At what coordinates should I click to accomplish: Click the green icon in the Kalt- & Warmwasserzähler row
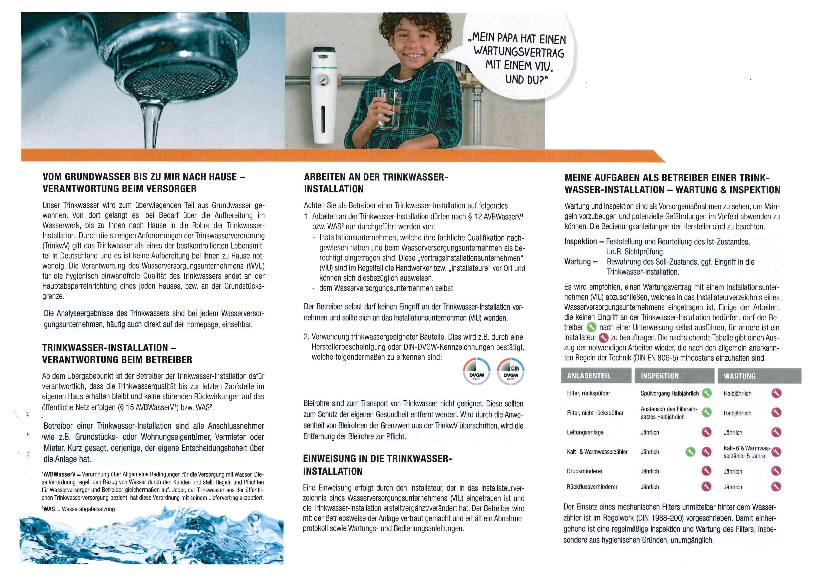[690, 452]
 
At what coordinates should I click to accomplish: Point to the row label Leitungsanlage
[585, 432]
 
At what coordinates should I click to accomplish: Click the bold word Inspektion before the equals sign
[580, 242]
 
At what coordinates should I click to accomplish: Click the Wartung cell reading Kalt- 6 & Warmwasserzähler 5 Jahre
[746, 452]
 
